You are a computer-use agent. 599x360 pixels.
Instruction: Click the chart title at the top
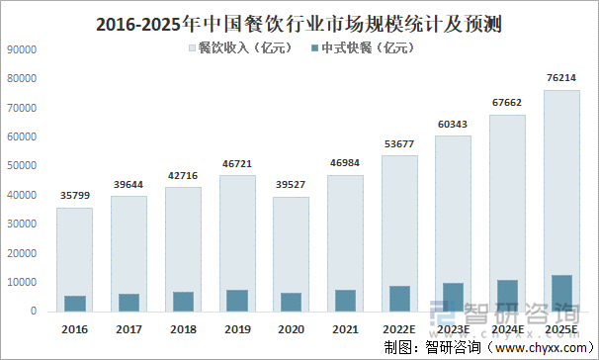click(299, 22)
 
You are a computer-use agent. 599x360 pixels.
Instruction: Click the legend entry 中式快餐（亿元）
click(365, 46)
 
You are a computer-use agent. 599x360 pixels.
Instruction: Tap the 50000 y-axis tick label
click(22, 165)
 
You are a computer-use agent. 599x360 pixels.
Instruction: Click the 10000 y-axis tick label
click(22, 282)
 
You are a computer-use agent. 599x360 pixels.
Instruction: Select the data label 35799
click(75, 197)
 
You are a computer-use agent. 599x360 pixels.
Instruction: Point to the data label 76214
click(561, 79)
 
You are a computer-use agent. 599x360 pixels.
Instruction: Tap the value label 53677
click(400, 144)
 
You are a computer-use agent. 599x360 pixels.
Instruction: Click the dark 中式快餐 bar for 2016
click(75, 304)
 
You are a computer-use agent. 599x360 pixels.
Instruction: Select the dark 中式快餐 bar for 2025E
click(561, 293)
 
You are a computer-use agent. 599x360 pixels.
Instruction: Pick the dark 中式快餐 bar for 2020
click(292, 302)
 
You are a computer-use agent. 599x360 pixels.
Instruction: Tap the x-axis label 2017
click(129, 327)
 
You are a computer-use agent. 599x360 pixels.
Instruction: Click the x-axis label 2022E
click(400, 327)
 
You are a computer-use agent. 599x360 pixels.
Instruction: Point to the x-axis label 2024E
click(508, 327)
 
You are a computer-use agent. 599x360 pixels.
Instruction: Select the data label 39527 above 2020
click(292, 186)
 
